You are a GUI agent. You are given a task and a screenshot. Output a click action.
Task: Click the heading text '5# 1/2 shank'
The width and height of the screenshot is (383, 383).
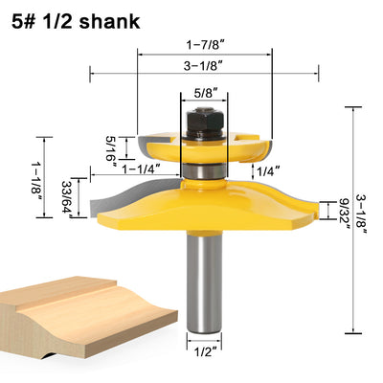pos(76,22)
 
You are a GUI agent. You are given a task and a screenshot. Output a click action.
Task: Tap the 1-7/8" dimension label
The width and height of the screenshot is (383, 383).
pos(204,45)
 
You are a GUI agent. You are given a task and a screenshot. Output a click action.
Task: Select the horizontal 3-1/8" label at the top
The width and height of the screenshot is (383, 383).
pos(203,66)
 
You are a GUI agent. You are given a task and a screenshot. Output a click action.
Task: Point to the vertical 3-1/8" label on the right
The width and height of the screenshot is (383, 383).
pos(360,217)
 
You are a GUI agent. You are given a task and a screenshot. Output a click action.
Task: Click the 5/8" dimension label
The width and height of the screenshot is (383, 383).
pos(204,93)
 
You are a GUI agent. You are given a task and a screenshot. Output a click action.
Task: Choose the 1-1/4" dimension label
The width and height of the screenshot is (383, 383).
pos(141,169)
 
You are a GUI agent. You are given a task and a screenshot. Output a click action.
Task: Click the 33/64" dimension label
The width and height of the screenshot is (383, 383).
pos(68,199)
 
